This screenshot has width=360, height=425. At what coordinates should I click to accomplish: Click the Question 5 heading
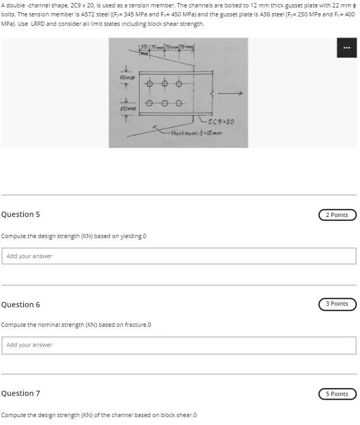click(21, 214)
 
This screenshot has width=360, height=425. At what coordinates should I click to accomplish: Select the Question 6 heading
click(21, 305)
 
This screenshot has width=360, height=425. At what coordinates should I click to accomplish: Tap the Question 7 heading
click(21, 393)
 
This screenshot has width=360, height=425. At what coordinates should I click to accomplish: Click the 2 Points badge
click(337, 215)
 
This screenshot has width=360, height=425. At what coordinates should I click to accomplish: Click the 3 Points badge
click(337, 304)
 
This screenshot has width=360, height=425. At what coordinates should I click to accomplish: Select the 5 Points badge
click(337, 394)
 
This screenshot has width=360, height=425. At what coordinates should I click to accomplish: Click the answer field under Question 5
click(178, 256)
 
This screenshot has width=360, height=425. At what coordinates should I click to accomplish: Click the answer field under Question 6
click(178, 345)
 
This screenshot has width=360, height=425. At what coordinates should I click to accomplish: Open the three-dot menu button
click(346, 48)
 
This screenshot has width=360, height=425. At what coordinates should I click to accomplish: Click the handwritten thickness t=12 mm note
click(196, 133)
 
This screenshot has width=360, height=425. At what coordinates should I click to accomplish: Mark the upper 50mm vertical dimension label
click(126, 78)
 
